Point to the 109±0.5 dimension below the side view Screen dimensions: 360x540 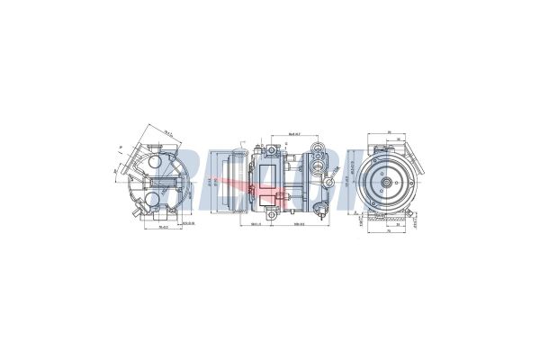[x=297, y=224]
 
